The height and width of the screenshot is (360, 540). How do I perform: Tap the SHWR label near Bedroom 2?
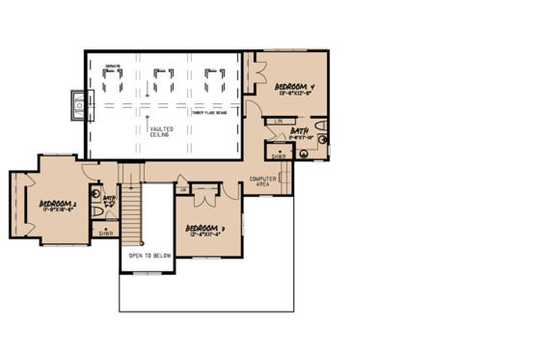(104, 233)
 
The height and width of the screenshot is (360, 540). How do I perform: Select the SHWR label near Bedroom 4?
(278, 155)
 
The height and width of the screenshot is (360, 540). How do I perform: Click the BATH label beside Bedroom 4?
(299, 130)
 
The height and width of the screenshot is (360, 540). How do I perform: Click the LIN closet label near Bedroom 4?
(277, 120)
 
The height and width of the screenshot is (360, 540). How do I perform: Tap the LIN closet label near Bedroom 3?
(183, 189)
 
